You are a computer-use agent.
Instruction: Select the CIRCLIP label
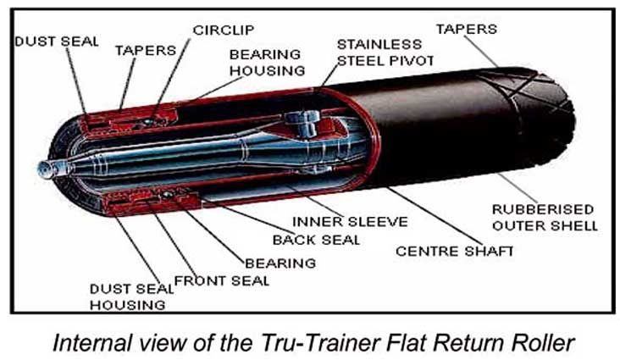pos(223,30)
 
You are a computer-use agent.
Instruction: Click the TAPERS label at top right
pos(466,30)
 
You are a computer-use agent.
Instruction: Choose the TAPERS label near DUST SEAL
pos(145,50)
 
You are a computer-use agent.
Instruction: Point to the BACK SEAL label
pos(316,240)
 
